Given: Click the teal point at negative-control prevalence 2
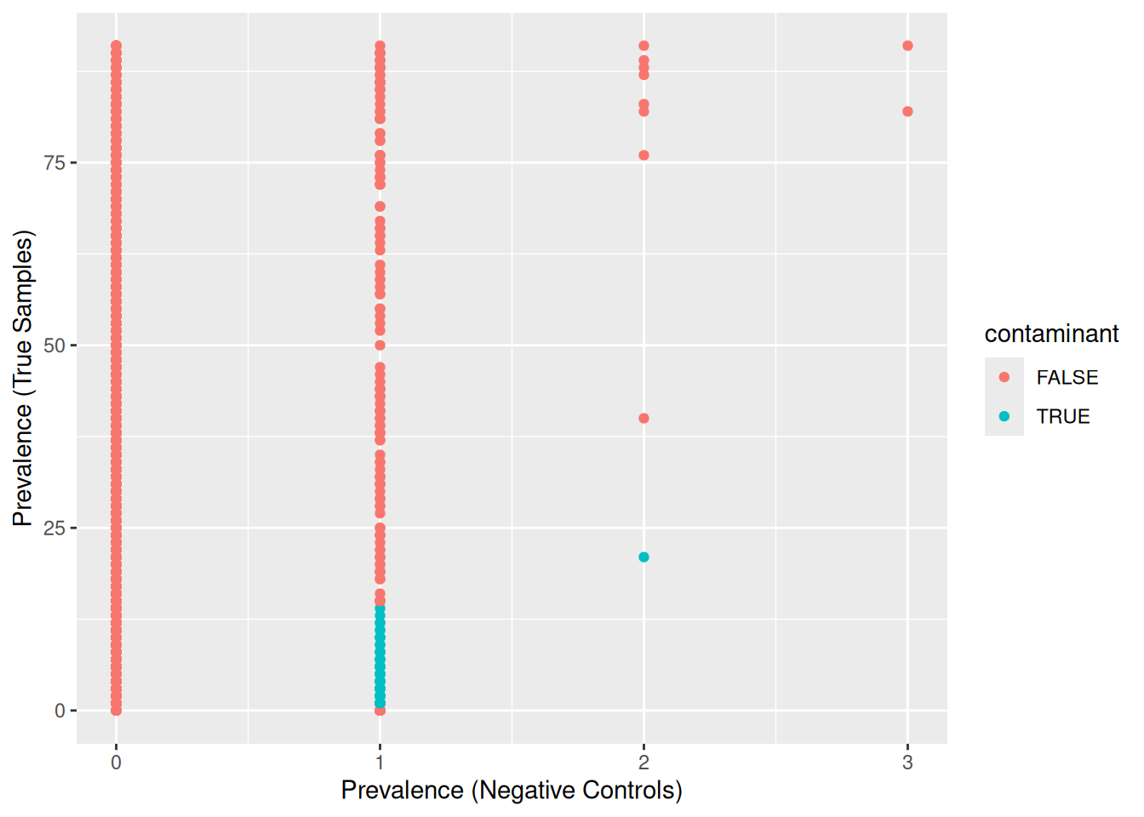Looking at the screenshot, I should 643,557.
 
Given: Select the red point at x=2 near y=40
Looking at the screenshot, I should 643,418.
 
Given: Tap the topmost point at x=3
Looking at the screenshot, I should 907,46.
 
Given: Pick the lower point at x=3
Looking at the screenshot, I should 907,111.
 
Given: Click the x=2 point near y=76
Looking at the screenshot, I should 643,155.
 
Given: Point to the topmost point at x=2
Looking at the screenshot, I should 643,46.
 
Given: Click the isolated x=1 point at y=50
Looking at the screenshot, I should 380,346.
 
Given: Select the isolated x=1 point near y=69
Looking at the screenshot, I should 380,207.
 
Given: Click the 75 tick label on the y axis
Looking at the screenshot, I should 54,163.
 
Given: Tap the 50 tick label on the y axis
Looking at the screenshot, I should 54,346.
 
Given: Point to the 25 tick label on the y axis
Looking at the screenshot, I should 54,528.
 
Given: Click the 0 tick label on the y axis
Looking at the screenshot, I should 60,711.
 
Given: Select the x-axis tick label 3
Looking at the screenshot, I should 907,763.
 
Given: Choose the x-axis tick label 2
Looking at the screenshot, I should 643,763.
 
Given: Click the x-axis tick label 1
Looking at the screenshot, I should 380,763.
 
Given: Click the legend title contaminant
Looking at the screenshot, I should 1051,334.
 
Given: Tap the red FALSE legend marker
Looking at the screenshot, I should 1004,377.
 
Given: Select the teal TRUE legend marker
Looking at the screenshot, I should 1004,416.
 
